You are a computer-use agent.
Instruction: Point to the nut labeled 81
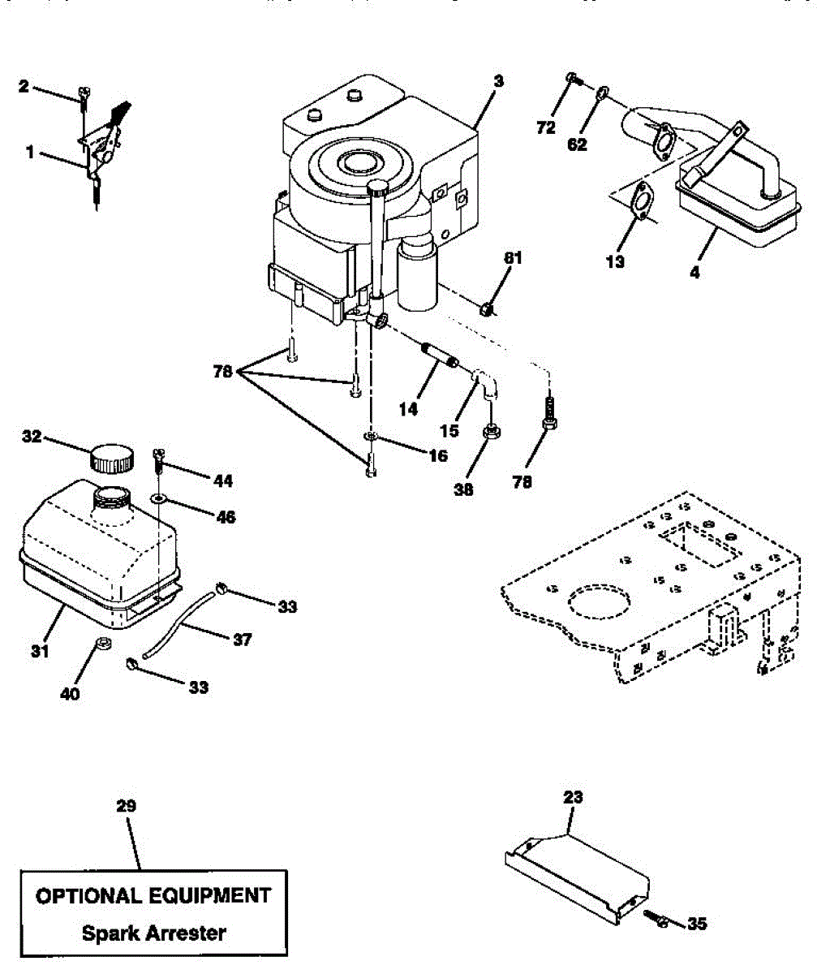coord(485,308)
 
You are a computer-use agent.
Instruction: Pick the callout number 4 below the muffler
coord(694,274)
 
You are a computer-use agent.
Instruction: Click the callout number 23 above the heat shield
coord(574,798)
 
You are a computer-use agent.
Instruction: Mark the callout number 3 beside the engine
coord(498,81)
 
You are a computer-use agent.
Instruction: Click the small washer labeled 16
coord(370,437)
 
